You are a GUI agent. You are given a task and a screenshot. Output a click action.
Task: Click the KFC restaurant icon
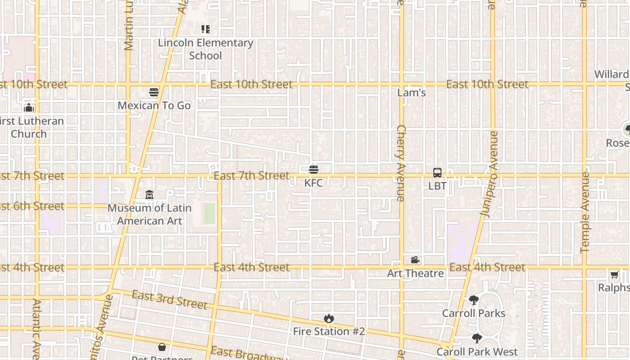(x=314, y=170)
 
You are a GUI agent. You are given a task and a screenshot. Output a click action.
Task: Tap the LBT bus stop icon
(x=437, y=172)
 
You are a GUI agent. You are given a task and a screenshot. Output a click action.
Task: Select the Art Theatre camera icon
(x=415, y=260)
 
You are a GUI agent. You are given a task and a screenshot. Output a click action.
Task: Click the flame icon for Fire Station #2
(x=329, y=318)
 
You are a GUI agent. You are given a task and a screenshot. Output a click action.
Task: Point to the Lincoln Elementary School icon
(x=205, y=30)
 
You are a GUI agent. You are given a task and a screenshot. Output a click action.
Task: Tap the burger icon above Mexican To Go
(x=154, y=92)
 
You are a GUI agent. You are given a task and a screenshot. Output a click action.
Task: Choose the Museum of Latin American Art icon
(x=149, y=195)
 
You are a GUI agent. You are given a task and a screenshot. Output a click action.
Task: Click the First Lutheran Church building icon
(x=29, y=108)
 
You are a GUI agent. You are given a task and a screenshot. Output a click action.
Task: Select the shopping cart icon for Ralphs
(x=614, y=274)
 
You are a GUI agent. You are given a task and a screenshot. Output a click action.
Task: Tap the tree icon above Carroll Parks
(x=473, y=300)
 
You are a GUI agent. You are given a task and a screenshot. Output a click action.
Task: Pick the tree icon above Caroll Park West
(x=477, y=338)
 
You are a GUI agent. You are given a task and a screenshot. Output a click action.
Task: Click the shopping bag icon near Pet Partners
(x=162, y=347)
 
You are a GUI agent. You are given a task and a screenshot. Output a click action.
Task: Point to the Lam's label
(x=412, y=93)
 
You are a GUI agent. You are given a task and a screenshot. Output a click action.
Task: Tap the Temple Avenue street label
(x=585, y=212)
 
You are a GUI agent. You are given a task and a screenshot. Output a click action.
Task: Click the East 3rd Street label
(x=170, y=300)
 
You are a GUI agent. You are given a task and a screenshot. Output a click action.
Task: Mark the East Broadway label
(x=249, y=354)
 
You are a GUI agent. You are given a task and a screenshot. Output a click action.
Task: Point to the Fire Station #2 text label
(x=329, y=332)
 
